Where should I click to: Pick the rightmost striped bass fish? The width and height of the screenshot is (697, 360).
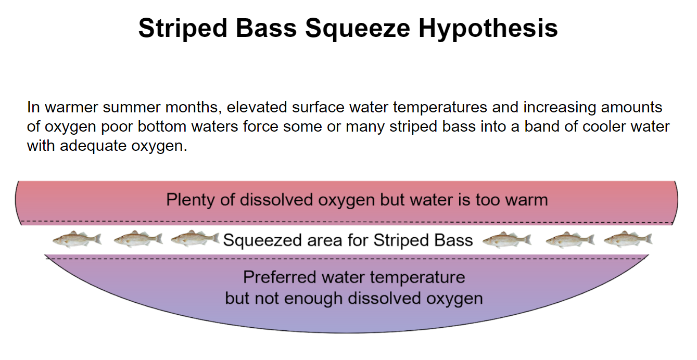[x=628, y=239]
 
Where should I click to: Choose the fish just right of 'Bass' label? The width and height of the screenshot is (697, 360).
[x=506, y=239]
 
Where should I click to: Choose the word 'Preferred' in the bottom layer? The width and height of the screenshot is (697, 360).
[x=280, y=277]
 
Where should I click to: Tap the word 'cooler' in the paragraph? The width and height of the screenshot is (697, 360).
[x=565, y=127]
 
